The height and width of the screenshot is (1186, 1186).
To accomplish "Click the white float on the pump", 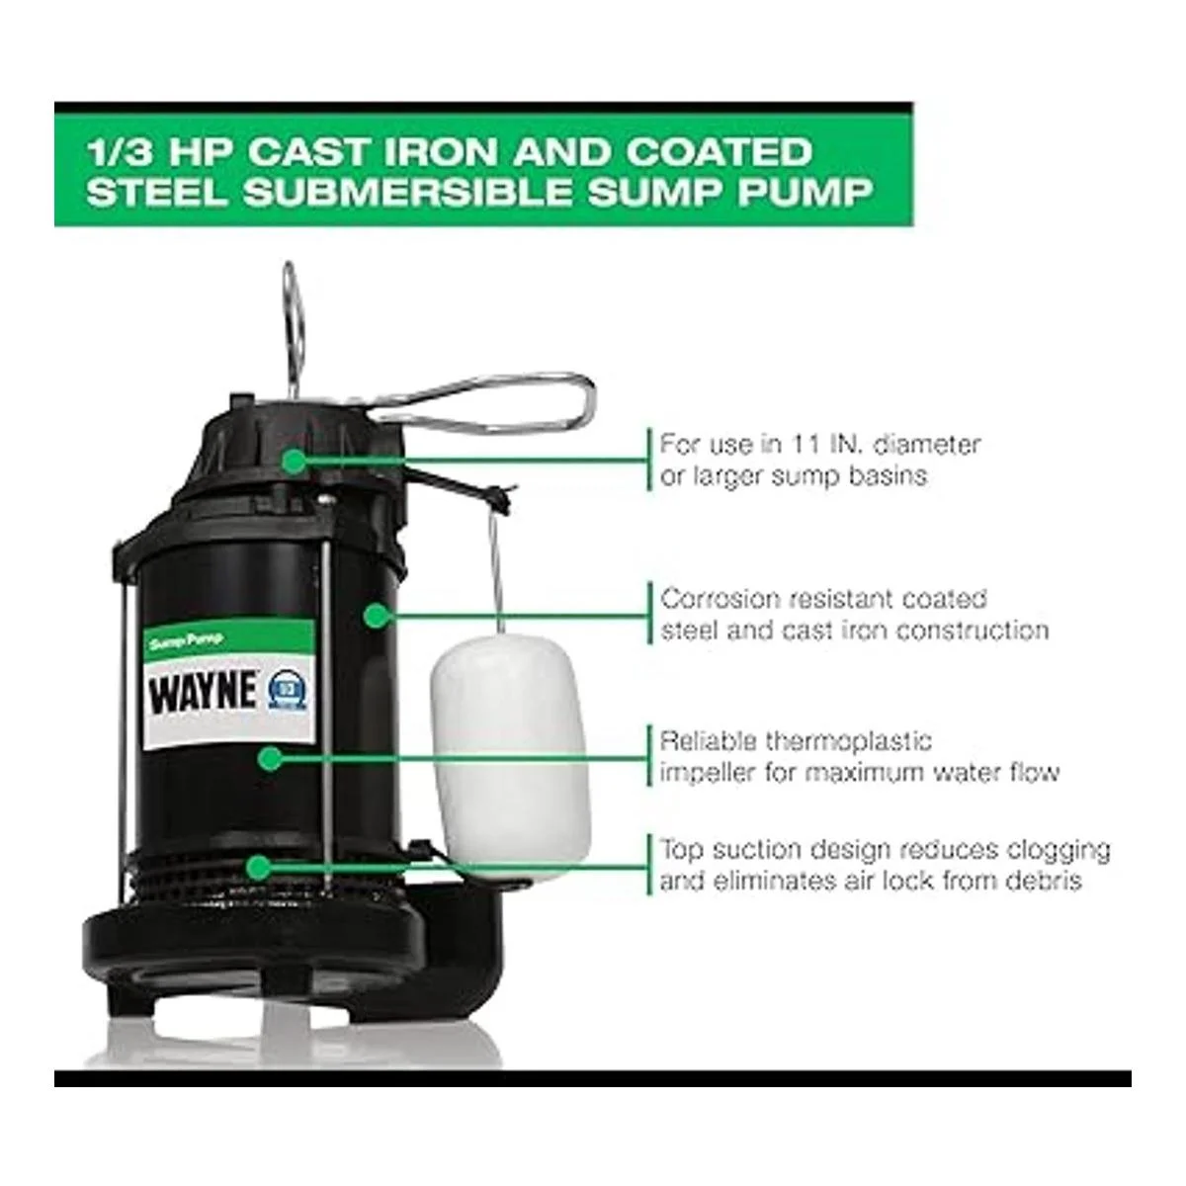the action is click(x=510, y=754).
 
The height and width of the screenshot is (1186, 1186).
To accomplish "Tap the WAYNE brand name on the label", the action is click(x=204, y=693).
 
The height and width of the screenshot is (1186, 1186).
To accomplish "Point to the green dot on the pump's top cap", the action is click(x=296, y=460).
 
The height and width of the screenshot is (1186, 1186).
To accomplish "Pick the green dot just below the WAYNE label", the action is click(x=269, y=758).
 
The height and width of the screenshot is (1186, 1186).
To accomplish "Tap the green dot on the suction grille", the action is click(x=259, y=867).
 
